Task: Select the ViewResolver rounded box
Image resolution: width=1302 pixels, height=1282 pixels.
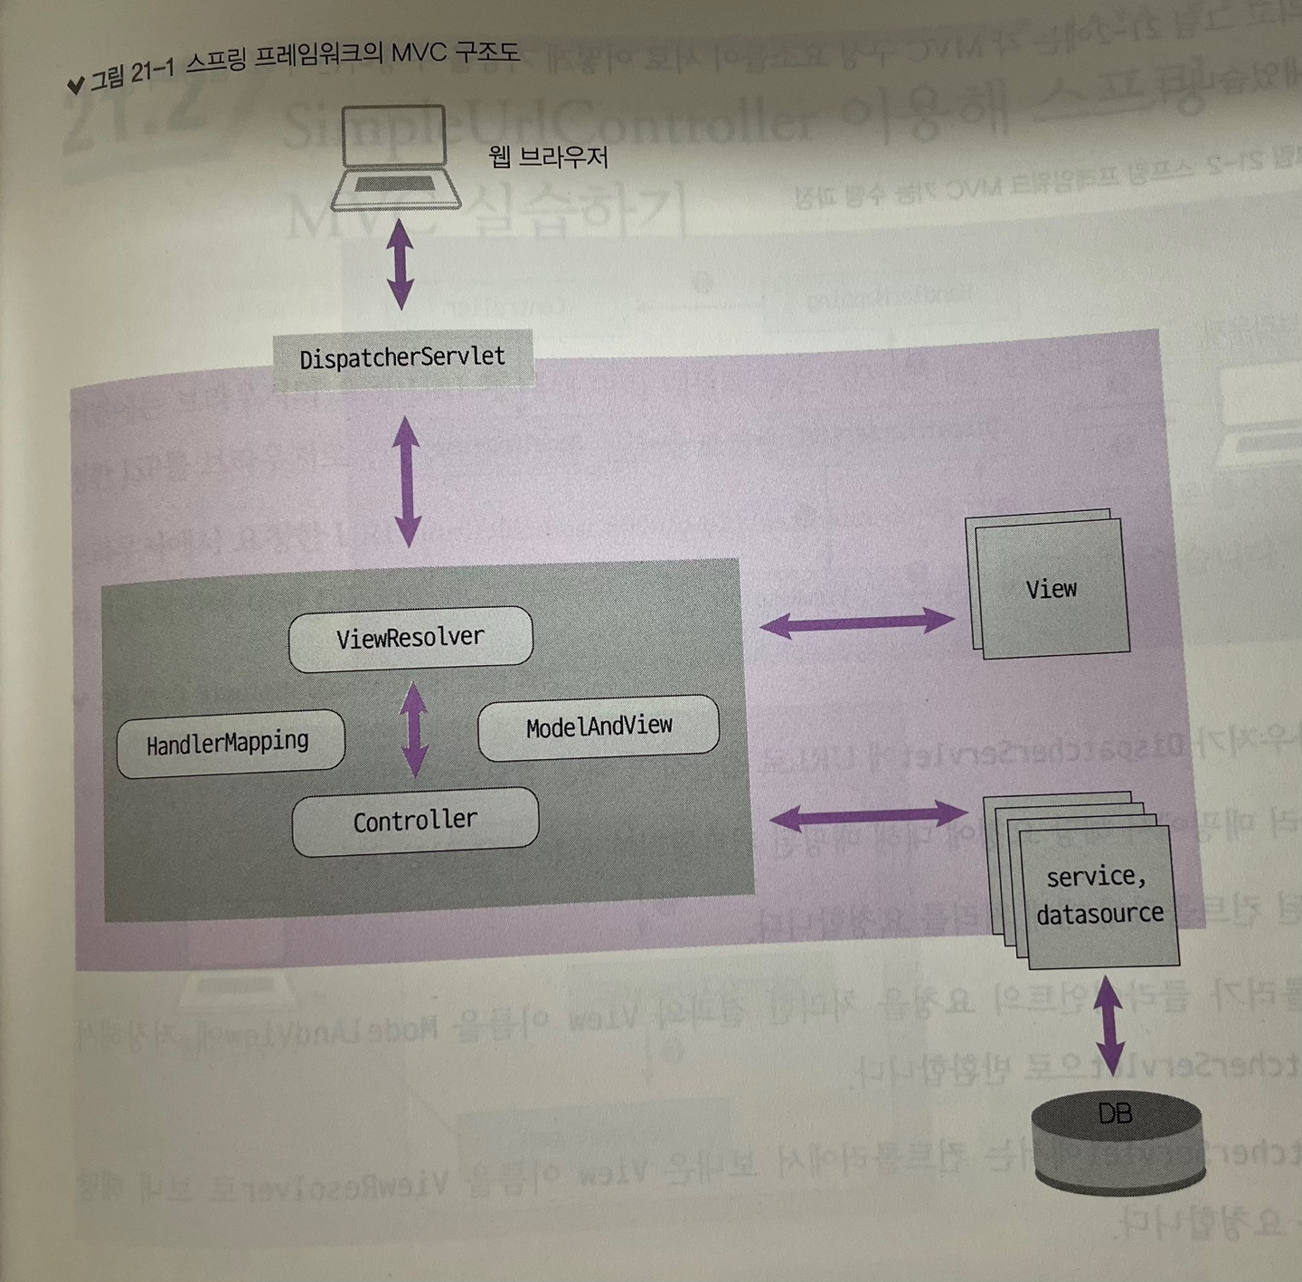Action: (x=410, y=639)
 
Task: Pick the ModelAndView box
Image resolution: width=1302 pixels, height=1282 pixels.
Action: (x=599, y=726)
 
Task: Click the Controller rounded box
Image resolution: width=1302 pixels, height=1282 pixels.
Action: (x=415, y=821)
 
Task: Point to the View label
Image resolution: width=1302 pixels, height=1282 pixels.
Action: (x=1051, y=590)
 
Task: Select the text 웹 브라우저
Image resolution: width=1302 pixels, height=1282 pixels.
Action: (x=548, y=158)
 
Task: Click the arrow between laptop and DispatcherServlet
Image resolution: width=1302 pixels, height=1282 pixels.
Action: (x=400, y=264)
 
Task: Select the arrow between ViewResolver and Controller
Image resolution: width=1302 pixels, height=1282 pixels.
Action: (x=414, y=729)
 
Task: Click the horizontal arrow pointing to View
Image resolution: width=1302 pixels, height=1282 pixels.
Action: (x=856, y=622)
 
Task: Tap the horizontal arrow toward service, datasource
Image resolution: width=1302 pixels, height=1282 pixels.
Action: (x=867, y=816)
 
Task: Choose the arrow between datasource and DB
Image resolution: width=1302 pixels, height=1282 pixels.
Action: (x=1109, y=1024)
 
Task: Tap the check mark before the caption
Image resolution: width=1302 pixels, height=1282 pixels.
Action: (x=76, y=86)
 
